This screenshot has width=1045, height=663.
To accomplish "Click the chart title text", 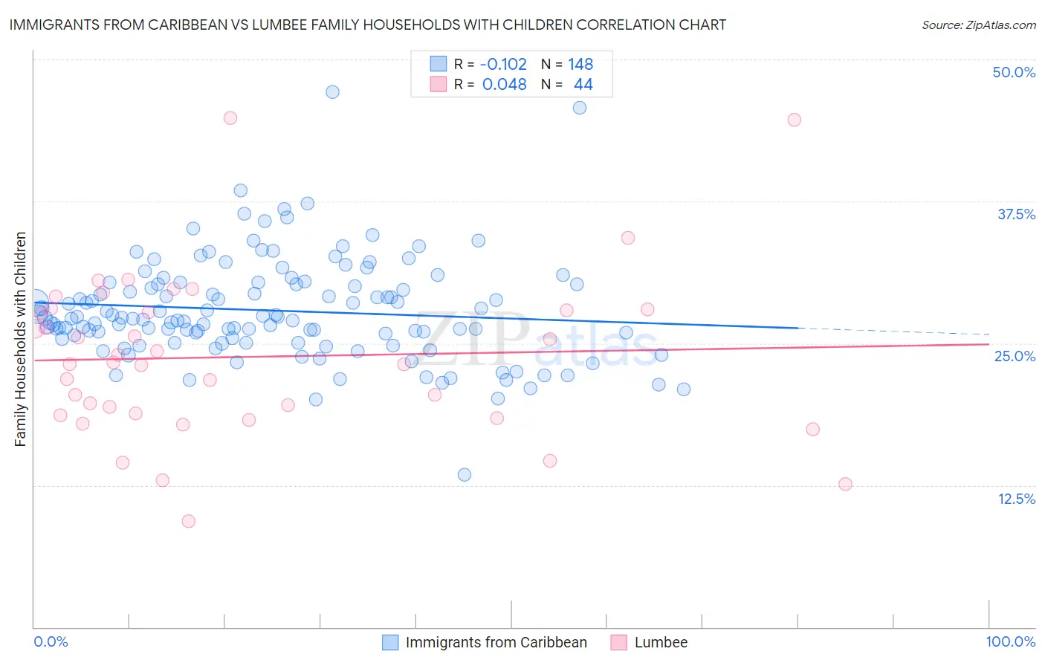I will [x=368, y=25].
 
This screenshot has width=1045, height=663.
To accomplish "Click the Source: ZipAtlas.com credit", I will [x=978, y=25].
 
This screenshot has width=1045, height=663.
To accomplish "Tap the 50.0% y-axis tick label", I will [x=1014, y=72].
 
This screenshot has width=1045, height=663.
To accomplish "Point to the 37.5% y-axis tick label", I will [x=1016, y=214].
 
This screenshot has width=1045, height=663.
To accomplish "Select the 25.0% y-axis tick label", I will [x=1015, y=356].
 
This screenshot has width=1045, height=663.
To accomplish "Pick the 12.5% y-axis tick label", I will [x=1016, y=499].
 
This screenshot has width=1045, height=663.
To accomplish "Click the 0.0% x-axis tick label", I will [x=51, y=641].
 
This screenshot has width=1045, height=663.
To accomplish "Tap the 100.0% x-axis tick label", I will [x=1010, y=641].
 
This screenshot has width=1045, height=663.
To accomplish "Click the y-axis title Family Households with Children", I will [x=21, y=339].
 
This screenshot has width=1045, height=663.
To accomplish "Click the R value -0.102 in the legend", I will [x=503, y=64].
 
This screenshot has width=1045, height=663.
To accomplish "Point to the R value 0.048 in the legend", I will [x=504, y=85].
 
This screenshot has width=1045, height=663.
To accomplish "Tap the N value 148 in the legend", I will [x=580, y=64].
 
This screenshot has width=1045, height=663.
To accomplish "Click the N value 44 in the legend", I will [x=583, y=85].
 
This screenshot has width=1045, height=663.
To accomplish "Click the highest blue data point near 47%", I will [x=332, y=91].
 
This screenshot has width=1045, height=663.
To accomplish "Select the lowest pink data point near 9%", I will [x=188, y=521].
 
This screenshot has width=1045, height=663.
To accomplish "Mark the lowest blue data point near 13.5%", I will [x=465, y=474].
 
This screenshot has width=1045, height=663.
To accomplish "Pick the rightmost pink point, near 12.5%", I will [x=845, y=484].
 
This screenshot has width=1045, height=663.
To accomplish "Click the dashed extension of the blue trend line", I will [x=892, y=331].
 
